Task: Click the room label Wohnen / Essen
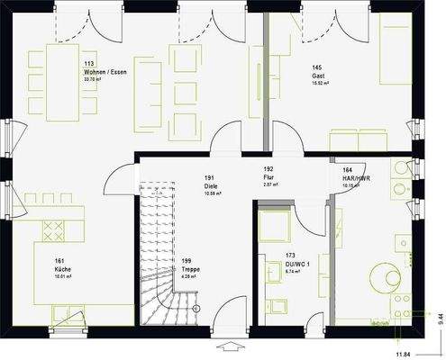pos(105,72)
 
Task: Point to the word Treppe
pos(191,269)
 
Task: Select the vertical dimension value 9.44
pos(439,316)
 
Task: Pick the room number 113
pos(90,65)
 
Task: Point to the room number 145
pos(317,67)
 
